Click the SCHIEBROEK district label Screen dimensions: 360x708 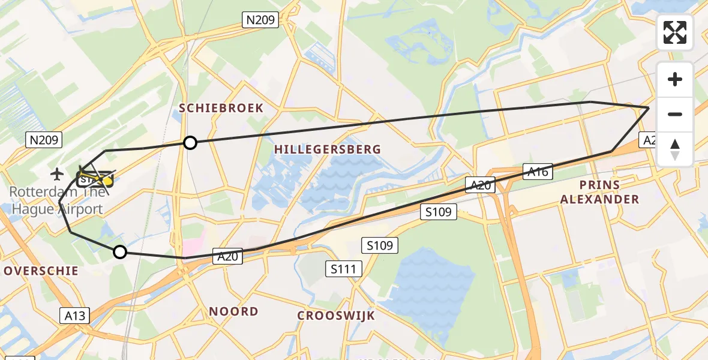[x=221, y=108]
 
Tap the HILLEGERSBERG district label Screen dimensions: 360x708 [x=328, y=149]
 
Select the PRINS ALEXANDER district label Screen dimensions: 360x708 [x=599, y=192]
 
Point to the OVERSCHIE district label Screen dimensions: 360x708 [x=41, y=271]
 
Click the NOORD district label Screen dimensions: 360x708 [x=233, y=311]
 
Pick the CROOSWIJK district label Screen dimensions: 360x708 [x=336, y=316]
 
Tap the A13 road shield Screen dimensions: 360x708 [x=75, y=316]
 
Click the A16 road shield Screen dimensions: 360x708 [x=538, y=172]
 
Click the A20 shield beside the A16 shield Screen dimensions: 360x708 [x=480, y=185]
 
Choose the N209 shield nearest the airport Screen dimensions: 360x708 [x=44, y=140]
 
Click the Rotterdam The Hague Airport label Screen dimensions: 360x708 [x=57, y=201]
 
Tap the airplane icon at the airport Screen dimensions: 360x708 [x=58, y=175]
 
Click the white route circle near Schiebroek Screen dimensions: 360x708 [x=190, y=142]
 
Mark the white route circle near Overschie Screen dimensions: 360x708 [x=120, y=252]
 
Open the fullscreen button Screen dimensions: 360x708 [x=675, y=32]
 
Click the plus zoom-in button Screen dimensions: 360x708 [x=675, y=79]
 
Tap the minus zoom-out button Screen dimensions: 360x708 [x=675, y=114]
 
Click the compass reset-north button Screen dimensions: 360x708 [x=675, y=149]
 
